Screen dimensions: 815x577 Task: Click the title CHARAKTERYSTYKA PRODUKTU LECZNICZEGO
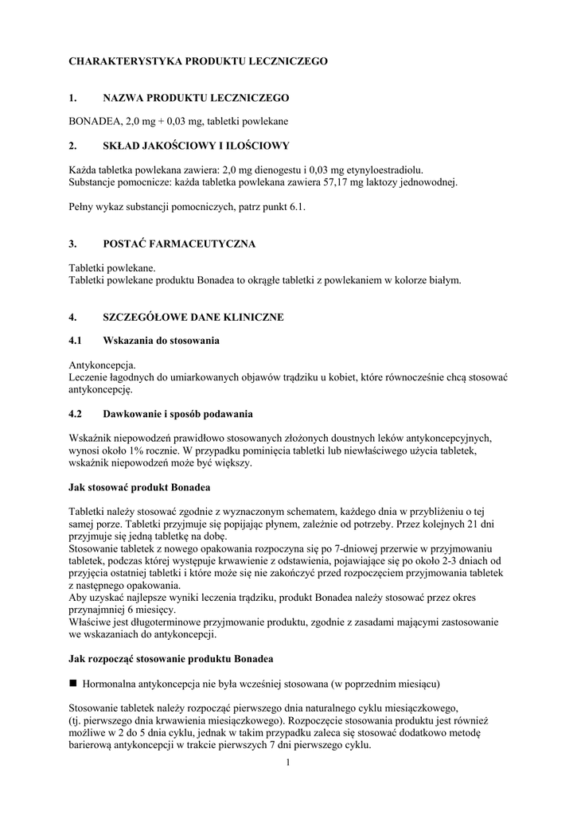coord(197,61)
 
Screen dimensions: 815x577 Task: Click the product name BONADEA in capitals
coord(95,121)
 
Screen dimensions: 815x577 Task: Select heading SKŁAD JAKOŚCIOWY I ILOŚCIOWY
coord(196,146)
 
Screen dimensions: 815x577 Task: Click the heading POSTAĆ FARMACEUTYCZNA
coord(179,244)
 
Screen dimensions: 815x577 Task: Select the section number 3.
coord(72,244)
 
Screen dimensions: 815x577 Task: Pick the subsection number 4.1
coord(76,341)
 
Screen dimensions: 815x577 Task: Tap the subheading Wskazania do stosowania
coord(161,341)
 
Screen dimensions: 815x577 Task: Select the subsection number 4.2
coord(76,414)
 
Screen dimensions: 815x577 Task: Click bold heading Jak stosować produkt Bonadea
coord(139,486)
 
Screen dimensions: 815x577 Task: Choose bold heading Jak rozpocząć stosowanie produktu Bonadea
coord(171,659)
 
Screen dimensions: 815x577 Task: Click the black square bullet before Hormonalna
coord(73,683)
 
